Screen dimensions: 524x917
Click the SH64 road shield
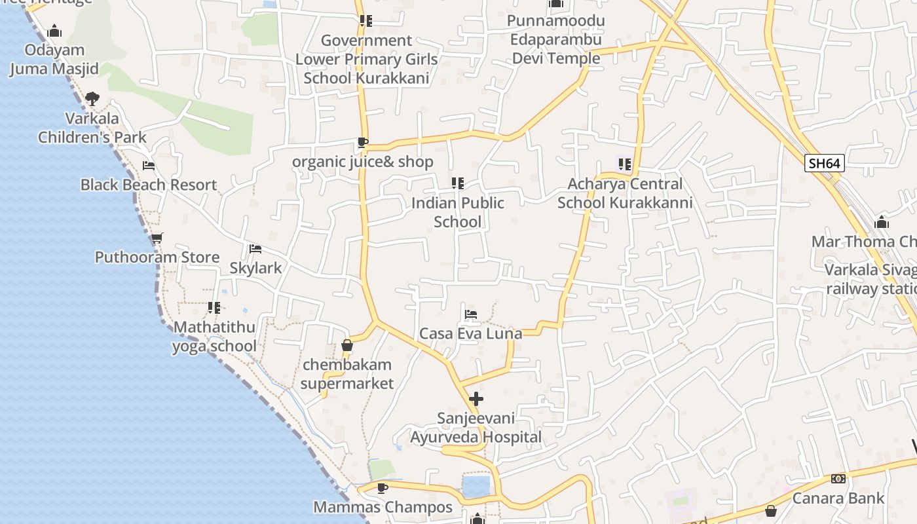824,163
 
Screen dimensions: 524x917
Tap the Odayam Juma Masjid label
54,60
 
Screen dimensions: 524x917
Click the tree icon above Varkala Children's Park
92,99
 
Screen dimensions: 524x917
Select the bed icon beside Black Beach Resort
149,166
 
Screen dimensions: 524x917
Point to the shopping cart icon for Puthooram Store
157,238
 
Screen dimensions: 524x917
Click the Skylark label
255,268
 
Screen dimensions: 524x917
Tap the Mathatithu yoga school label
215,337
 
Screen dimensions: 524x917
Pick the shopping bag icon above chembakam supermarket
347,345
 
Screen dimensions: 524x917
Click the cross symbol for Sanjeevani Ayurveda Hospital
476,398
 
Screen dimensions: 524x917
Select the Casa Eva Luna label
470,333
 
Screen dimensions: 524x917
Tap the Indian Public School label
457,212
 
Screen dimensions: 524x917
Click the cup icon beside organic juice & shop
362,143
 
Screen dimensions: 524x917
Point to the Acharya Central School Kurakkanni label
625,193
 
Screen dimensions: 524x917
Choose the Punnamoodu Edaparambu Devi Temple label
556,39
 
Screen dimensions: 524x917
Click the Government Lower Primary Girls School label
366,59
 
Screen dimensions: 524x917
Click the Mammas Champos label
383,507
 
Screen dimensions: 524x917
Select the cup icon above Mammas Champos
383,488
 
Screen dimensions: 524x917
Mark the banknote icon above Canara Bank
838,479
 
